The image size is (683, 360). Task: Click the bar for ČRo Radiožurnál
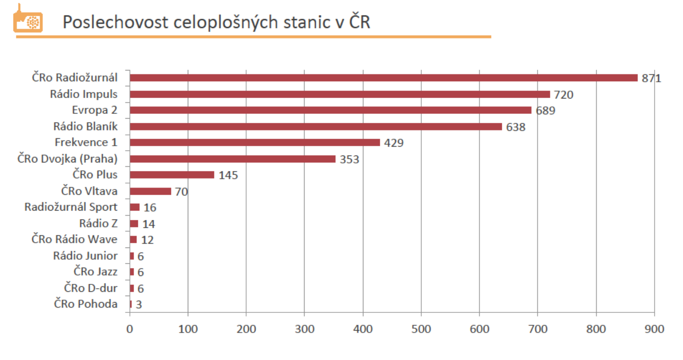[x=383, y=78]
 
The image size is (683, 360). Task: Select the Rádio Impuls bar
[x=340, y=94]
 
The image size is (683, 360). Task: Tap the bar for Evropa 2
[x=330, y=110]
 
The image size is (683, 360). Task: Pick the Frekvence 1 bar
[x=255, y=142]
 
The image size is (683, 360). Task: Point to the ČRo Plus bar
[x=172, y=175]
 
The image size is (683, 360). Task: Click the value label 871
[x=651, y=78]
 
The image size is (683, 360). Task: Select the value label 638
[x=516, y=127]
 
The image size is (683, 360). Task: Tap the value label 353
[x=349, y=159]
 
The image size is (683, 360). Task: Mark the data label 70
[x=181, y=191]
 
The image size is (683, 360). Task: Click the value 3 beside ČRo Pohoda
[x=139, y=304]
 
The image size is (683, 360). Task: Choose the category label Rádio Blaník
[x=85, y=126]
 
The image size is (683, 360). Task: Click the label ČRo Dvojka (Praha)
[x=67, y=159]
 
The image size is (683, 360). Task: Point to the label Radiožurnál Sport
[x=71, y=207]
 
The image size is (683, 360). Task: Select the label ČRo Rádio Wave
[x=75, y=240]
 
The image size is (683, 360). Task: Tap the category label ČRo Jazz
[x=96, y=272]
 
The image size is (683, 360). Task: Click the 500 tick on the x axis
[x=421, y=329]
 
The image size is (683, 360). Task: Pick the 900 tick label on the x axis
[x=654, y=329]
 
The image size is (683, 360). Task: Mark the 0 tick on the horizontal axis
[x=129, y=329]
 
